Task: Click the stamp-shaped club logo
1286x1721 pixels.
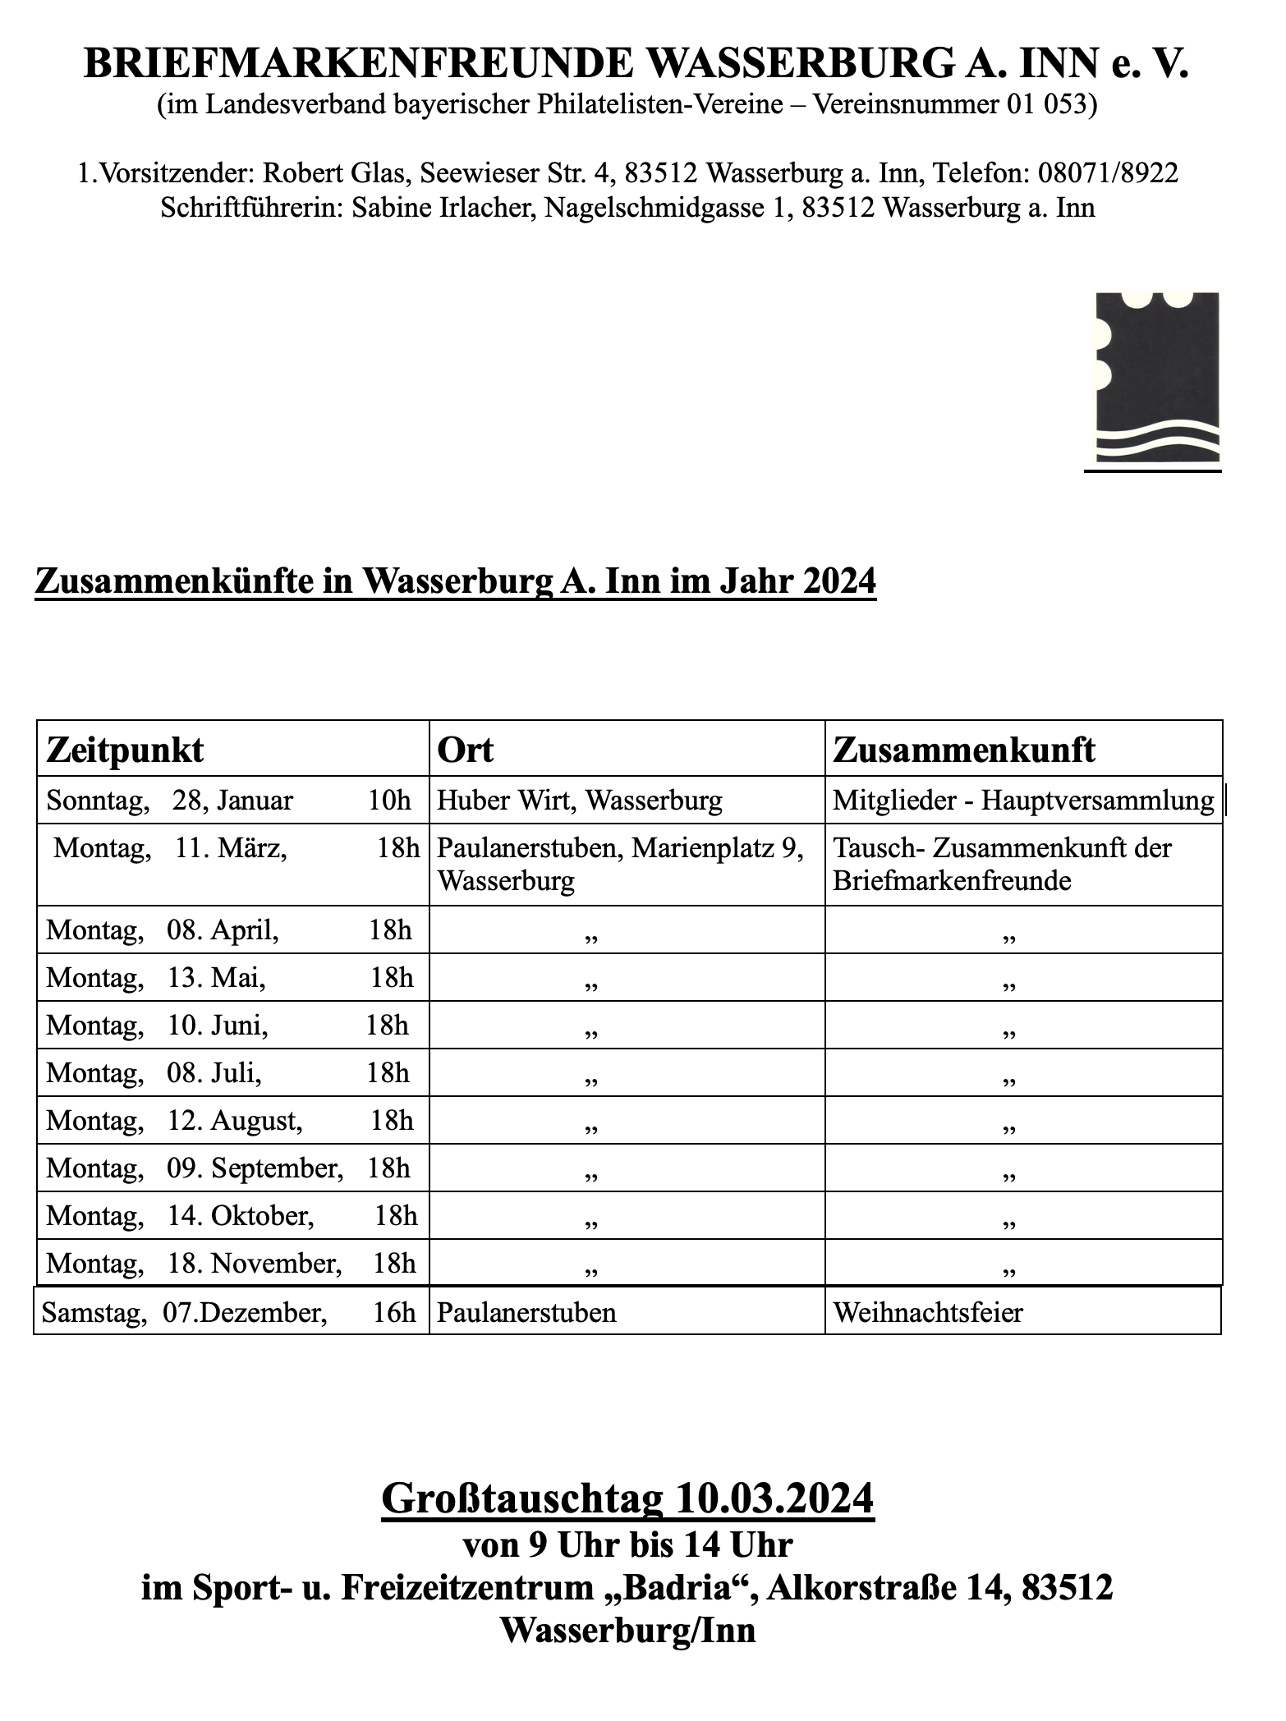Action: click(1157, 379)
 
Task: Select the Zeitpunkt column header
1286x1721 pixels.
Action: click(126, 750)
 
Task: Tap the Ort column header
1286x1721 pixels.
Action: click(466, 750)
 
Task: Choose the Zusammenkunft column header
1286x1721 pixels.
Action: click(964, 750)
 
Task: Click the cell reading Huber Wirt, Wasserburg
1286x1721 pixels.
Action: click(580, 801)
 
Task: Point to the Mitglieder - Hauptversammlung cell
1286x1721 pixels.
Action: click(1022, 801)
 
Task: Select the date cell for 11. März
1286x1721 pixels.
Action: click(232, 848)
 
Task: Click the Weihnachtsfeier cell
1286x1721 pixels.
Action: click(928, 1312)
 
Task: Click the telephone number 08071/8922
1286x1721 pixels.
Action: click(1109, 173)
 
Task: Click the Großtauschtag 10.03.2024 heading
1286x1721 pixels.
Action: click(628, 1499)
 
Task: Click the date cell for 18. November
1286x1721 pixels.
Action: click(230, 1263)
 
